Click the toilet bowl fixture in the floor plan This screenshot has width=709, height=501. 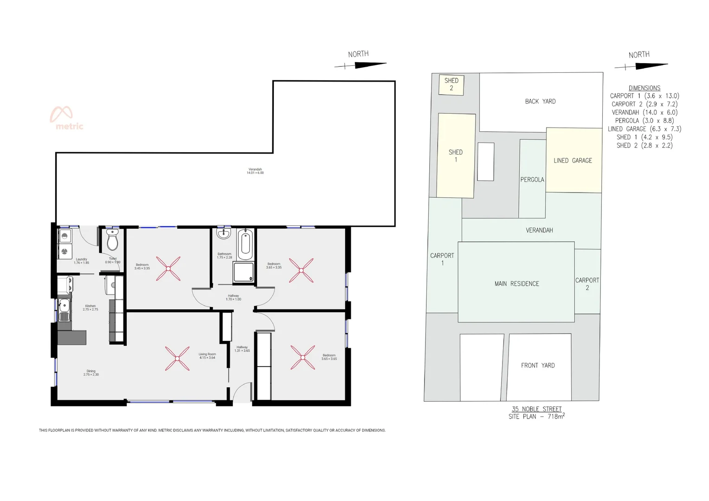pyautogui.click(x=113, y=241)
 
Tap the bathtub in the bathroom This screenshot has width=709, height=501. pyautogui.click(x=245, y=244)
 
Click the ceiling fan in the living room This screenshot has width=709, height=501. pyautogui.click(x=177, y=359)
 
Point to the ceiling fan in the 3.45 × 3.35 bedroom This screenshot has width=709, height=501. pyautogui.click(x=168, y=269)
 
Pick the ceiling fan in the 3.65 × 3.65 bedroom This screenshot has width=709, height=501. pyautogui.click(x=303, y=357)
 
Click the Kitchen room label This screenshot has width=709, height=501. pyautogui.click(x=90, y=308)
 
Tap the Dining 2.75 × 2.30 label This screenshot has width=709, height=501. pyautogui.click(x=91, y=373)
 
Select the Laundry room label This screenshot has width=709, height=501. pyautogui.click(x=81, y=261)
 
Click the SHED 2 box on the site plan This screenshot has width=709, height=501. pyautogui.click(x=451, y=84)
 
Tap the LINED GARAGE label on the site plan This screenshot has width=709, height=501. pyautogui.click(x=573, y=161)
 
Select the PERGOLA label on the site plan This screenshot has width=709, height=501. pyautogui.click(x=532, y=180)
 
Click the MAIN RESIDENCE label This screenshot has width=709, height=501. pyautogui.click(x=516, y=283)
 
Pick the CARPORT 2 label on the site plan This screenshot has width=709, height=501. pyautogui.click(x=587, y=284)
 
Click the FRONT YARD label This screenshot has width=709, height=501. pyautogui.click(x=538, y=366)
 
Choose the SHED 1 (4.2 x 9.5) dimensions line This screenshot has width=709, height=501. pyautogui.click(x=644, y=137)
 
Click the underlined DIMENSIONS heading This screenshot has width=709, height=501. pyautogui.click(x=644, y=88)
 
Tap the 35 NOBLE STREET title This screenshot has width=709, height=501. pyautogui.click(x=536, y=409)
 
